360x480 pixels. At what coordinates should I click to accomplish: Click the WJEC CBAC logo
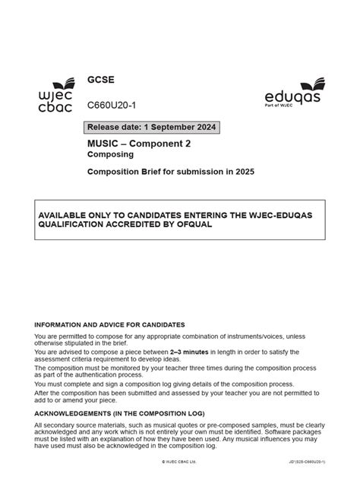[x=55, y=96]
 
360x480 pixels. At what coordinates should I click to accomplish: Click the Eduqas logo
[x=295, y=93]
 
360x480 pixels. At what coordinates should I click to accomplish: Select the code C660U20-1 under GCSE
[x=112, y=105]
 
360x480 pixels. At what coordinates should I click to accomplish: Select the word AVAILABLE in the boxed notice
[x=66, y=214]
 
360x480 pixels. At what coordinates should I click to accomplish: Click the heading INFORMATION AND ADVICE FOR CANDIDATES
[x=109, y=324]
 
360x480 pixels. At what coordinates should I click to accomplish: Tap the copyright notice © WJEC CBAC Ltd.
[x=179, y=461]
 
